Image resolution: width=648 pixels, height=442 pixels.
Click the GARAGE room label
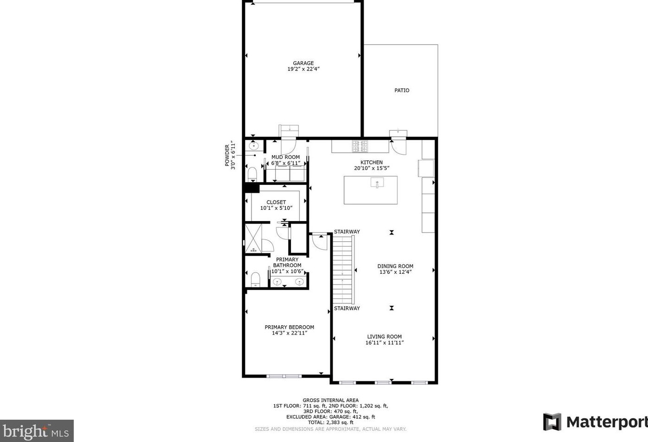(x=303, y=63)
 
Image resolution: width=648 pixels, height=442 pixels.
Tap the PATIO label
(x=402, y=90)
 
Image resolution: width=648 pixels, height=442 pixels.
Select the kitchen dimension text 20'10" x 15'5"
(x=371, y=168)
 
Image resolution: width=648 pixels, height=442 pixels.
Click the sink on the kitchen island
(x=377, y=183)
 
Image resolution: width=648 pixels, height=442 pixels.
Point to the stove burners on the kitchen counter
(x=360, y=146)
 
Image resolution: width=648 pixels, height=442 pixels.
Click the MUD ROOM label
(x=285, y=157)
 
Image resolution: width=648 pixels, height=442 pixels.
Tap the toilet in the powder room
(x=252, y=175)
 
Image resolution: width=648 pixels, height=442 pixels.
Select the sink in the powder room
(x=253, y=145)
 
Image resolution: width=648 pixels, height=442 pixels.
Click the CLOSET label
(x=276, y=202)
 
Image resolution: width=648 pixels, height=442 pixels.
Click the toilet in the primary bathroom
(x=255, y=280)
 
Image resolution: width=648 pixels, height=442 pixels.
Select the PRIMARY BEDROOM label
(x=289, y=327)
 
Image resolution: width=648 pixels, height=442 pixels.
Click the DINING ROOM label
(x=395, y=266)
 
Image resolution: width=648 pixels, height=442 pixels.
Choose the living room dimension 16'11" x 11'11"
(x=384, y=343)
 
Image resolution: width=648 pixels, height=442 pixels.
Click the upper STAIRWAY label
(x=347, y=232)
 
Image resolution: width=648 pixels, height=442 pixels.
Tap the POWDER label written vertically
(x=227, y=155)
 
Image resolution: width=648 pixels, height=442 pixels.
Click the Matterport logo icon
(x=552, y=422)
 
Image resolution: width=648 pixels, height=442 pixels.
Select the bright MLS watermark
(x=37, y=431)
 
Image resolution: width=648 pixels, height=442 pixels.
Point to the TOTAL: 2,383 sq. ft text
(x=330, y=422)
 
